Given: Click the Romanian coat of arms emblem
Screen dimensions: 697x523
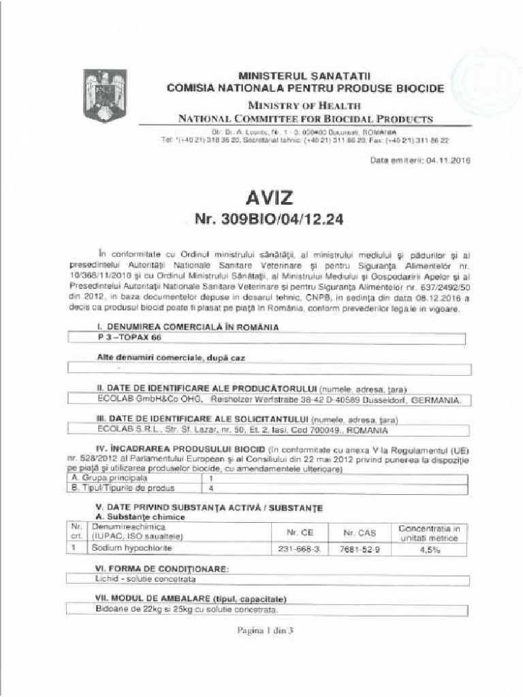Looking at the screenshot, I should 105,96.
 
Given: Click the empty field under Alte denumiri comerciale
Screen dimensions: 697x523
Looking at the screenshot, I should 269,369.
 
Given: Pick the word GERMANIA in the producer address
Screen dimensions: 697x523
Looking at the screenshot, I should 436,400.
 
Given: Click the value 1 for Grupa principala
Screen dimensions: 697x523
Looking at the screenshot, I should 212,479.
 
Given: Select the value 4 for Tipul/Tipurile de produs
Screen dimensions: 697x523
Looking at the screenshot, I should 212,489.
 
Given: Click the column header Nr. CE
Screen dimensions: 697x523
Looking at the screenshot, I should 300,532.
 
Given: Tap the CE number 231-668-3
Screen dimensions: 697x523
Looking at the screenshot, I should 300,549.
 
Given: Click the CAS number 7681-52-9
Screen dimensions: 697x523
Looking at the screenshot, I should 360,549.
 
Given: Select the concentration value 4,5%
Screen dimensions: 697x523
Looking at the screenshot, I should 429,549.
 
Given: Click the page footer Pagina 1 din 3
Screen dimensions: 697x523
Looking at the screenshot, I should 264,630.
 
